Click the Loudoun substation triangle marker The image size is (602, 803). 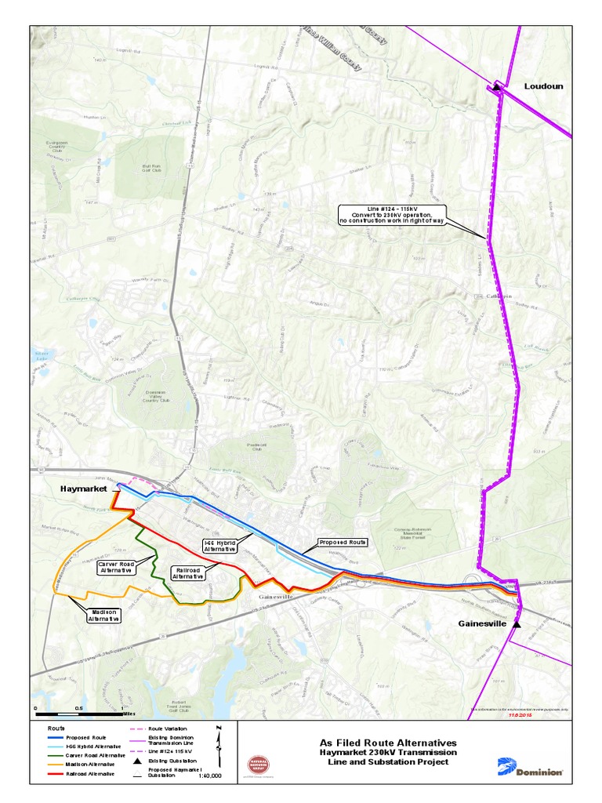pyautogui.click(x=497, y=87)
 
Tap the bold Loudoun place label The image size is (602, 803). pyautogui.click(x=543, y=86)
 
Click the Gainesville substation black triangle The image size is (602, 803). pyautogui.click(x=517, y=624)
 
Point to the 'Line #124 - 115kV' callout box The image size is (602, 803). pyautogui.click(x=392, y=214)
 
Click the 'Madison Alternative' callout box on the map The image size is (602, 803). pyautogui.click(x=103, y=615)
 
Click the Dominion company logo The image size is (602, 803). pyautogui.click(x=531, y=767)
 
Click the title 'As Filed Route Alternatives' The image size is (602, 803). pyautogui.click(x=388, y=742)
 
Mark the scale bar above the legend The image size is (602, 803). pyautogui.click(x=78, y=714)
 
